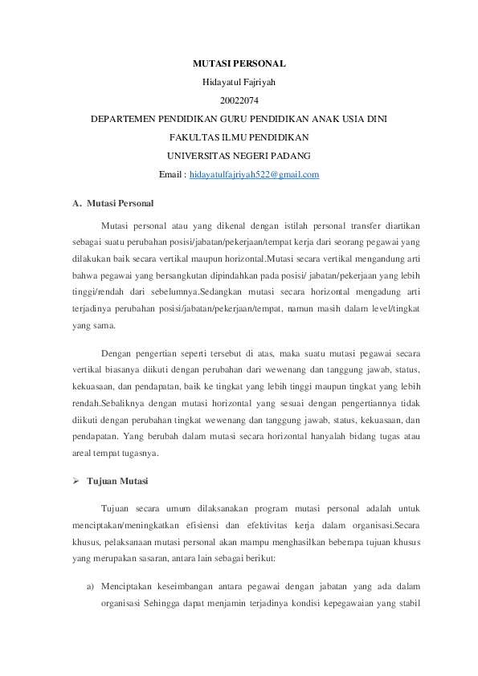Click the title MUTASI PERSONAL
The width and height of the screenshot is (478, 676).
[x=239, y=63]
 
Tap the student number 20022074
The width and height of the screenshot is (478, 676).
[x=239, y=100]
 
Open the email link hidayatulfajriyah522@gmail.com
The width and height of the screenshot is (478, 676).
[x=254, y=174]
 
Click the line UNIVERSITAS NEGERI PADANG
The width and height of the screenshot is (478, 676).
[x=239, y=156]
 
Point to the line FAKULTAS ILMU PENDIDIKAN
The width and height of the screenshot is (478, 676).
[x=239, y=137]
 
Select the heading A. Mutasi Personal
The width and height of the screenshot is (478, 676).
[x=113, y=203]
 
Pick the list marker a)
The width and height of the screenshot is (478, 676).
[x=92, y=585]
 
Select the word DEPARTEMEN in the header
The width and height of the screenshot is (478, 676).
[x=122, y=119]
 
